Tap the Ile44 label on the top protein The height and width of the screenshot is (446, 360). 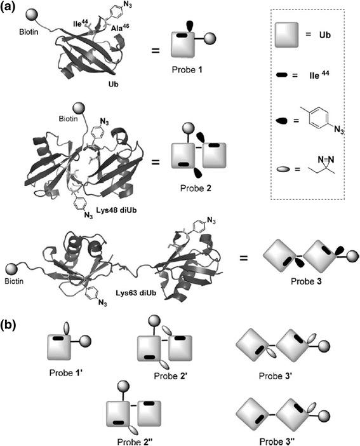click(79, 26)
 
